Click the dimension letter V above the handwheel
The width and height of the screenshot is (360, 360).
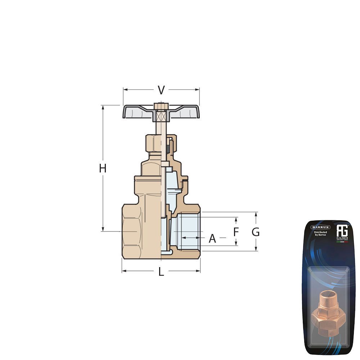161,90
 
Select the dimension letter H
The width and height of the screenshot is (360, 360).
103,168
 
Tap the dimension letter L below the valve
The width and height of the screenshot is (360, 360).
161,272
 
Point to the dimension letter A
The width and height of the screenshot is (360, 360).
212,238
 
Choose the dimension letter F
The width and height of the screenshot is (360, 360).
236,232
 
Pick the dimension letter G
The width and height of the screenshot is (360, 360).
256,232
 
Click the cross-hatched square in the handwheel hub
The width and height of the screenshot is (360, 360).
161,116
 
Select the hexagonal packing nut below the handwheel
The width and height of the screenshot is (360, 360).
153,143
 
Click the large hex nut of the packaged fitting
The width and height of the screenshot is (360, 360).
328,317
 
